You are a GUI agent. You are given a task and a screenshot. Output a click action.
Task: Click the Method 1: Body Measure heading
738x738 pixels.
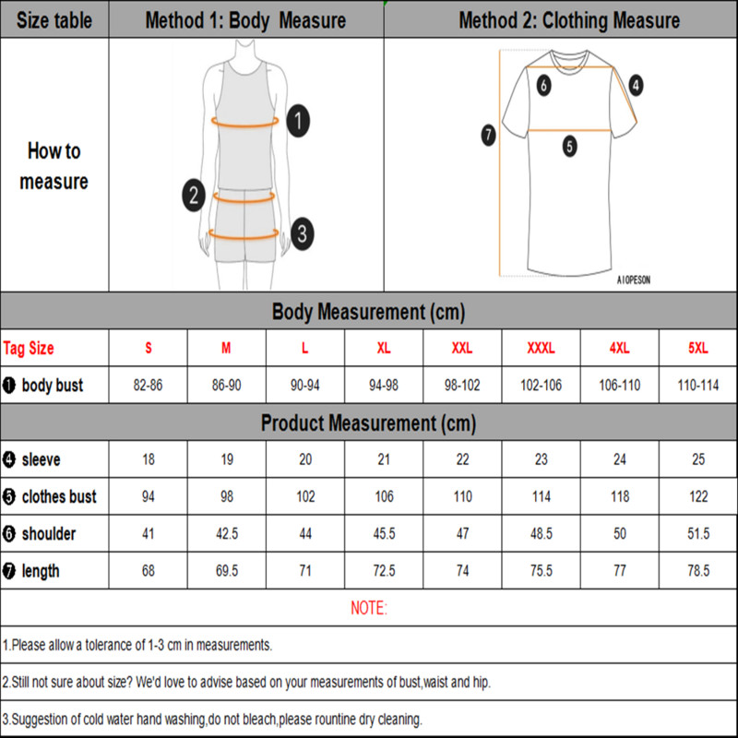tap(245, 20)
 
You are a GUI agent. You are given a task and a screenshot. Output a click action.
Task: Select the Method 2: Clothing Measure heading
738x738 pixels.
tap(569, 20)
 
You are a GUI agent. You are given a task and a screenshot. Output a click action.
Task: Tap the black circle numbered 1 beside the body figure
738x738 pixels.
tap(297, 119)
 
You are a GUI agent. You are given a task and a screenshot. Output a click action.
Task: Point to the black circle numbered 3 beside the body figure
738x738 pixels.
tap(301, 232)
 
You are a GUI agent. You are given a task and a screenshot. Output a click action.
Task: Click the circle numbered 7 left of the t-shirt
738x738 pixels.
tap(489, 135)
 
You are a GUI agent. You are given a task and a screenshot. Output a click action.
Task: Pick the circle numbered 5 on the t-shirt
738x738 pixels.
tap(569, 146)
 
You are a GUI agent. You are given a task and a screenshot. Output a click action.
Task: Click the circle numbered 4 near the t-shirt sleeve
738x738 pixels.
tap(637, 86)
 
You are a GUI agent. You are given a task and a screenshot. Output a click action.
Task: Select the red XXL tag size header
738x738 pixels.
tap(463, 349)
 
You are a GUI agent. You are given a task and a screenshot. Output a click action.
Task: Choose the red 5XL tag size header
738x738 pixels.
tap(698, 349)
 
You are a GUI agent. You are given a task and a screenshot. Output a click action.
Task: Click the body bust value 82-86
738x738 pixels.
tap(148, 386)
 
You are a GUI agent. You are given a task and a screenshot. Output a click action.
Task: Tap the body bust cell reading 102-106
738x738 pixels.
tap(541, 386)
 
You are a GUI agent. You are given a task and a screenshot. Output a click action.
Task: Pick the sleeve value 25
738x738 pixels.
tap(698, 459)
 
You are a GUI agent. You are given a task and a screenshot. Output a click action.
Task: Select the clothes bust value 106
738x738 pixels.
tap(384, 496)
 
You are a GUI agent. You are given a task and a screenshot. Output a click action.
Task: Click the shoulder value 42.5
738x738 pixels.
tap(227, 534)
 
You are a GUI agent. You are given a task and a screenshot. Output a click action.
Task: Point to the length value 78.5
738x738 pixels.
tap(698, 571)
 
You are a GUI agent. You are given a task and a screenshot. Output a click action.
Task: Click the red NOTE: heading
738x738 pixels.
tap(369, 608)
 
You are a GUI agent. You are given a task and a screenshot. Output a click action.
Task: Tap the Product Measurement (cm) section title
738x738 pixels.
tap(369, 423)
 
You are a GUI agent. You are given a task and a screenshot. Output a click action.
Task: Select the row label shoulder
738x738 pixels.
tap(48, 534)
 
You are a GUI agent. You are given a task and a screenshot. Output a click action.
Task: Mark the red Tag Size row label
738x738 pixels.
tap(29, 349)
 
